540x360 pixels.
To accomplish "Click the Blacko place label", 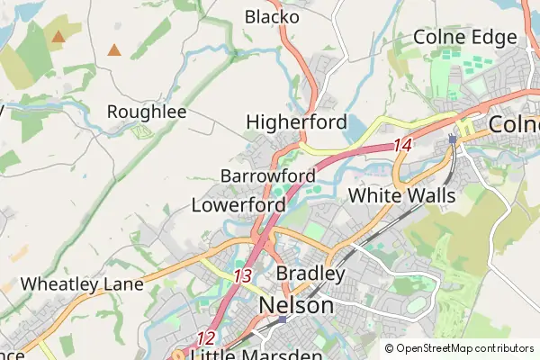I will coord(271,16).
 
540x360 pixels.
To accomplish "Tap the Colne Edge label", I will coord(464,37).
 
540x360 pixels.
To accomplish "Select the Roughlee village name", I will coord(146,112).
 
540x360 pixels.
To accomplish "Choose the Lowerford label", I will coord(238,204).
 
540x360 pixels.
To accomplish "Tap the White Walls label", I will coord(401,194).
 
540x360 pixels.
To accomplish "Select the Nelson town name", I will coord(295,306).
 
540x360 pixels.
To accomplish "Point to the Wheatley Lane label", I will coord(82,283).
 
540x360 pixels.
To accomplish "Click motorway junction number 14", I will coord(401,145).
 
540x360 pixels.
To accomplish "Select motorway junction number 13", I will coord(241,276).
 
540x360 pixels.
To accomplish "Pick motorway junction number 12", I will coord(206,338).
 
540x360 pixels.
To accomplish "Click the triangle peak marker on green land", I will coord(58,37).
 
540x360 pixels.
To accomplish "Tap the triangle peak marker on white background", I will coord(114,49).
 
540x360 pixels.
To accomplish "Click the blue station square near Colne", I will coord(452,139).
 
